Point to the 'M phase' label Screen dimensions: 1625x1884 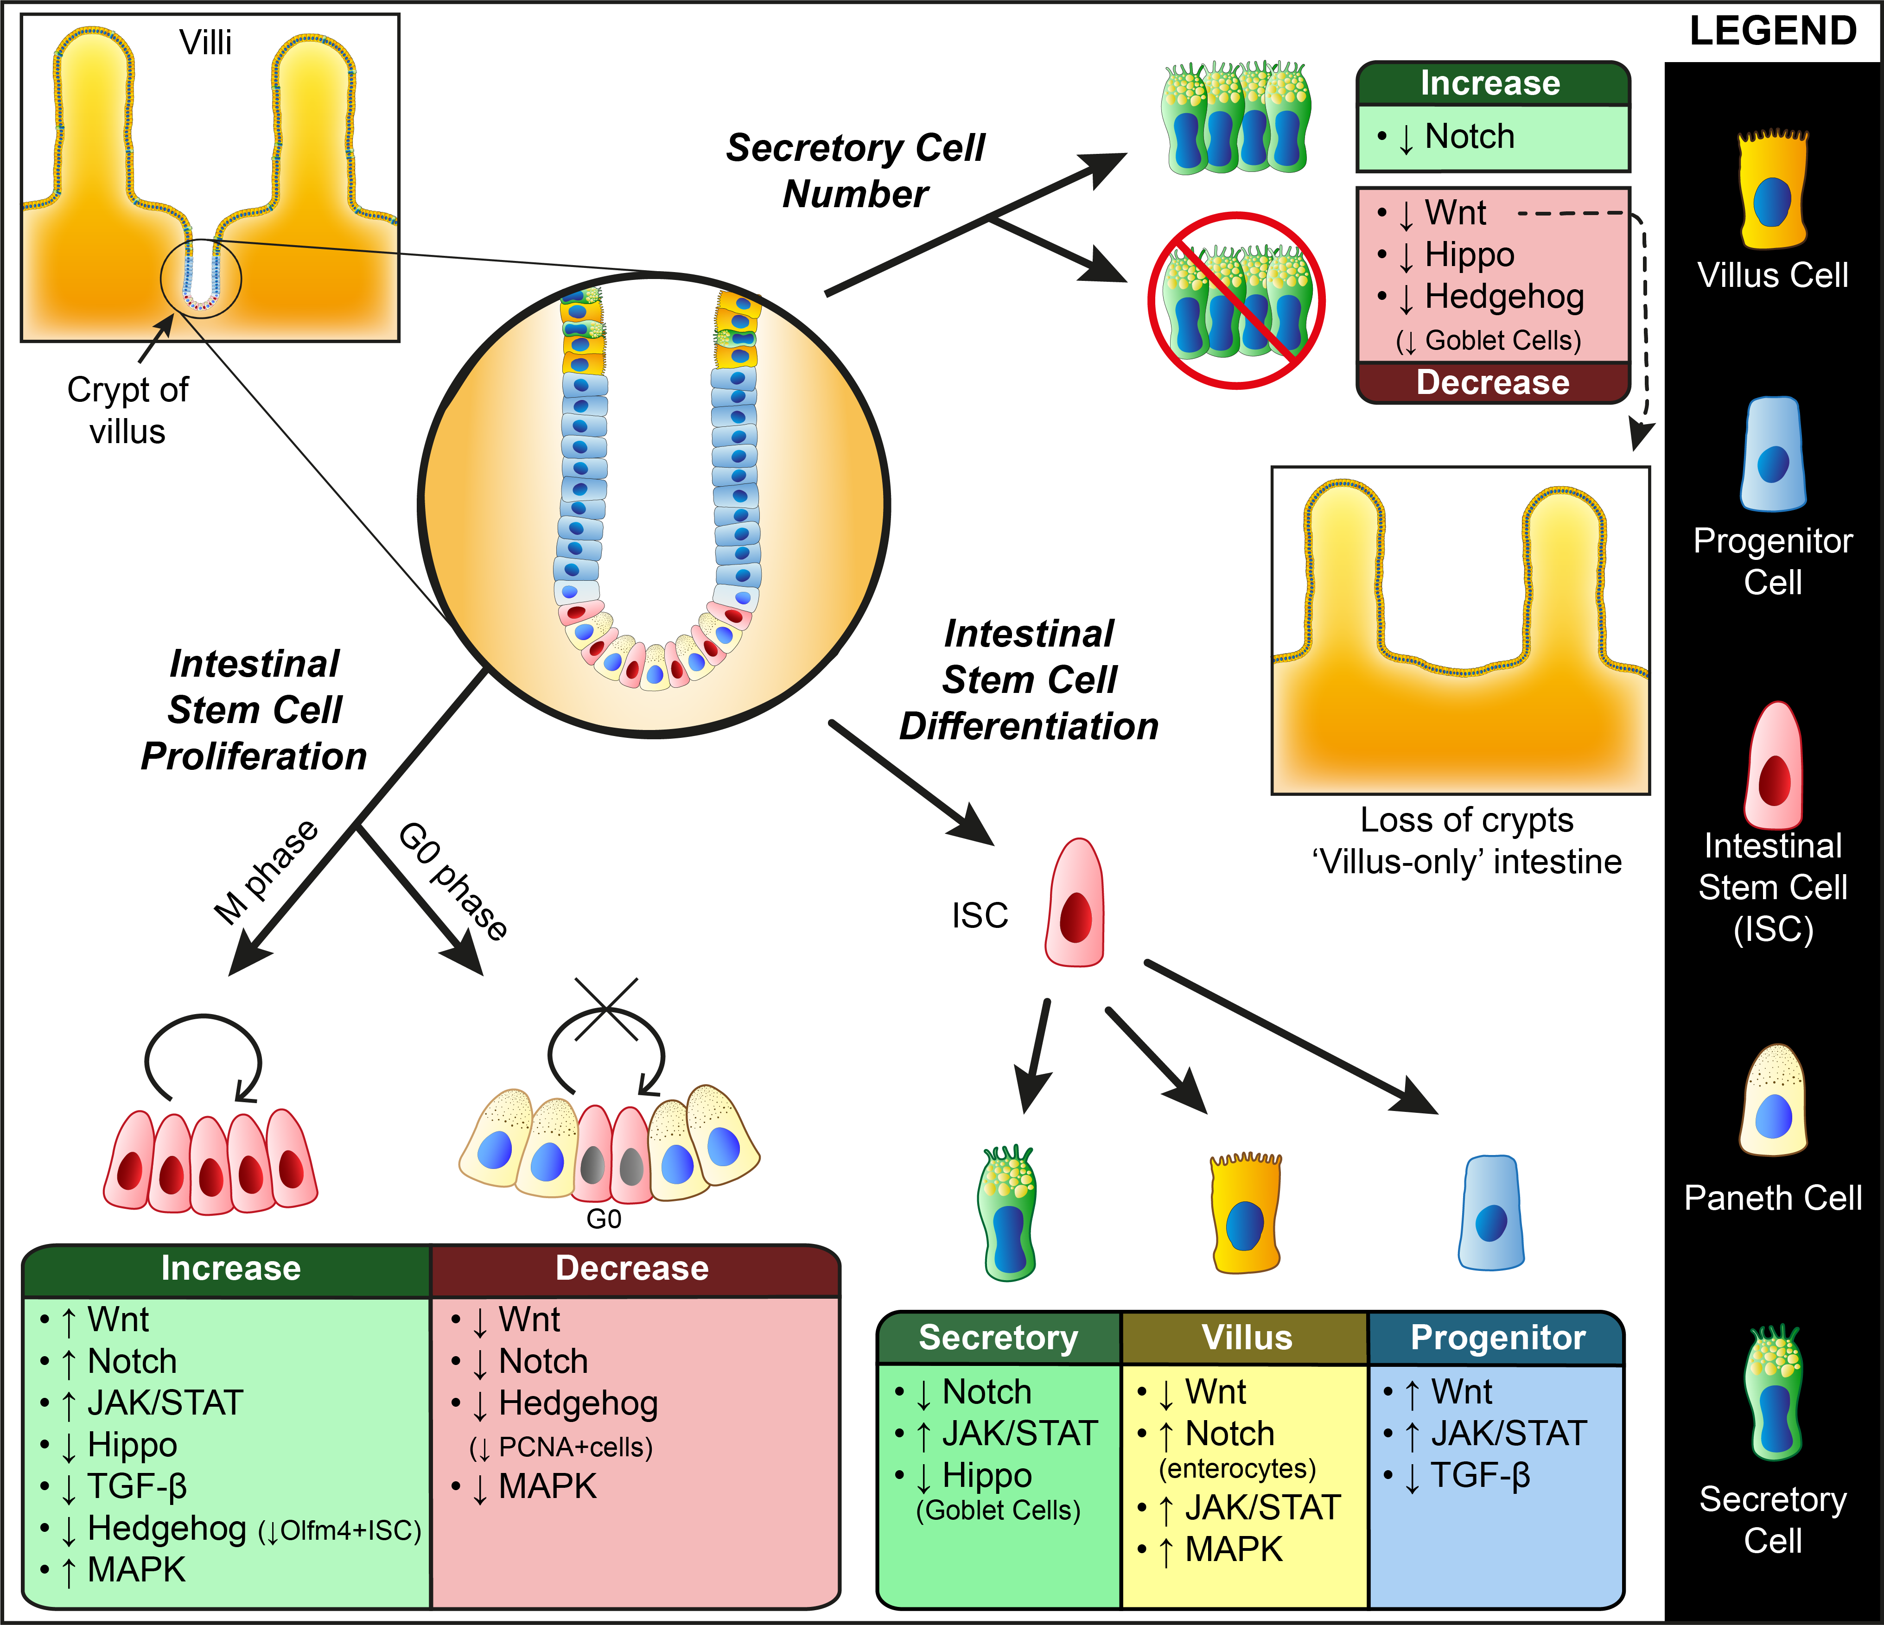point(266,872)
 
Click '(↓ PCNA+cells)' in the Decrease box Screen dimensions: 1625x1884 point(561,1447)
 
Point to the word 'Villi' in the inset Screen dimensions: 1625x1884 point(205,43)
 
